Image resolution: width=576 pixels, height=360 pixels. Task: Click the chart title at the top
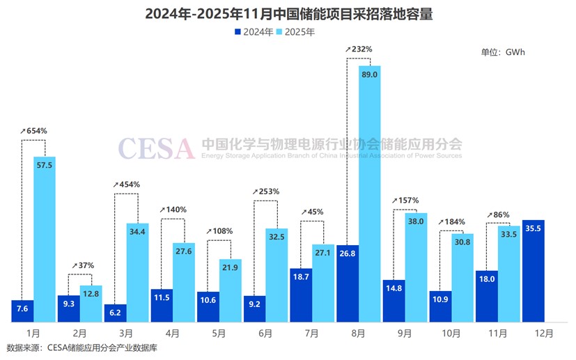coord(288,14)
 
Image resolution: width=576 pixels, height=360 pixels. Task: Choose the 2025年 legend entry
coord(295,31)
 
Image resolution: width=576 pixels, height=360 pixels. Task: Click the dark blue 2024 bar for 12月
coord(532,272)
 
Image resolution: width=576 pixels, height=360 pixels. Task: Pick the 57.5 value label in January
coord(45,168)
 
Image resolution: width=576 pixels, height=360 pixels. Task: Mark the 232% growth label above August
coord(359,49)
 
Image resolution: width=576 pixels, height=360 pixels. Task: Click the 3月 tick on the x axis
coord(126,333)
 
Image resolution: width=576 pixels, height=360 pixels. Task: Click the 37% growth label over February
coord(81,265)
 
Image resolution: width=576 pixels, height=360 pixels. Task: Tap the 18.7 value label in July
coord(300,277)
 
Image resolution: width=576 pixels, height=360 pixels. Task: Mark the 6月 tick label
coord(265,333)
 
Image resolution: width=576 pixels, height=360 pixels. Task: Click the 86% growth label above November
coord(499,214)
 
